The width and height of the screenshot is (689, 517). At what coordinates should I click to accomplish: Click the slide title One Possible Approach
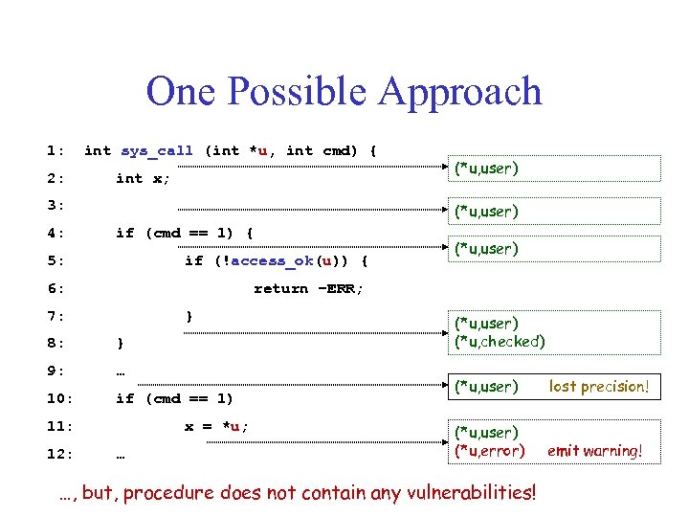(x=344, y=92)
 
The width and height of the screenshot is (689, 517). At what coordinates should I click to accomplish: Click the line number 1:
(x=56, y=150)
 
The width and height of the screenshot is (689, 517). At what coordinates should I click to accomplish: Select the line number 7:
(x=56, y=316)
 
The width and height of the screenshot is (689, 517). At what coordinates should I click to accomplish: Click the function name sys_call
(x=156, y=150)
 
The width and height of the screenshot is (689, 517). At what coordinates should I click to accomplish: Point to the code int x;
(x=144, y=178)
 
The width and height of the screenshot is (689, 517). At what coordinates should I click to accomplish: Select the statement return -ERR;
(x=308, y=288)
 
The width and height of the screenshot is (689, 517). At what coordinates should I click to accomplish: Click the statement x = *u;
(x=216, y=426)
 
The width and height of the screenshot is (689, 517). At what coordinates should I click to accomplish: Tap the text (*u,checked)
(x=499, y=341)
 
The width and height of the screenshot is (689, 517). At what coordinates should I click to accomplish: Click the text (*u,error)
(x=490, y=450)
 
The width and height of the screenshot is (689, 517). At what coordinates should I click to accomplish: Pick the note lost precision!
(x=599, y=387)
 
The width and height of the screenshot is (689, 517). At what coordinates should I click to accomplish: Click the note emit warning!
(x=594, y=450)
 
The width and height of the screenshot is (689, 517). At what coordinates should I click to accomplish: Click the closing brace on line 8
(x=120, y=343)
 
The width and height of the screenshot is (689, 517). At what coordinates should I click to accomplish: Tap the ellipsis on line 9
(x=121, y=371)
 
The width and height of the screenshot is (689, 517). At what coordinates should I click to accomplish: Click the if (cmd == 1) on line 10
(x=174, y=398)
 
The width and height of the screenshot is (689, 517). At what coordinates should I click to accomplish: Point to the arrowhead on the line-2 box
(x=447, y=179)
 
